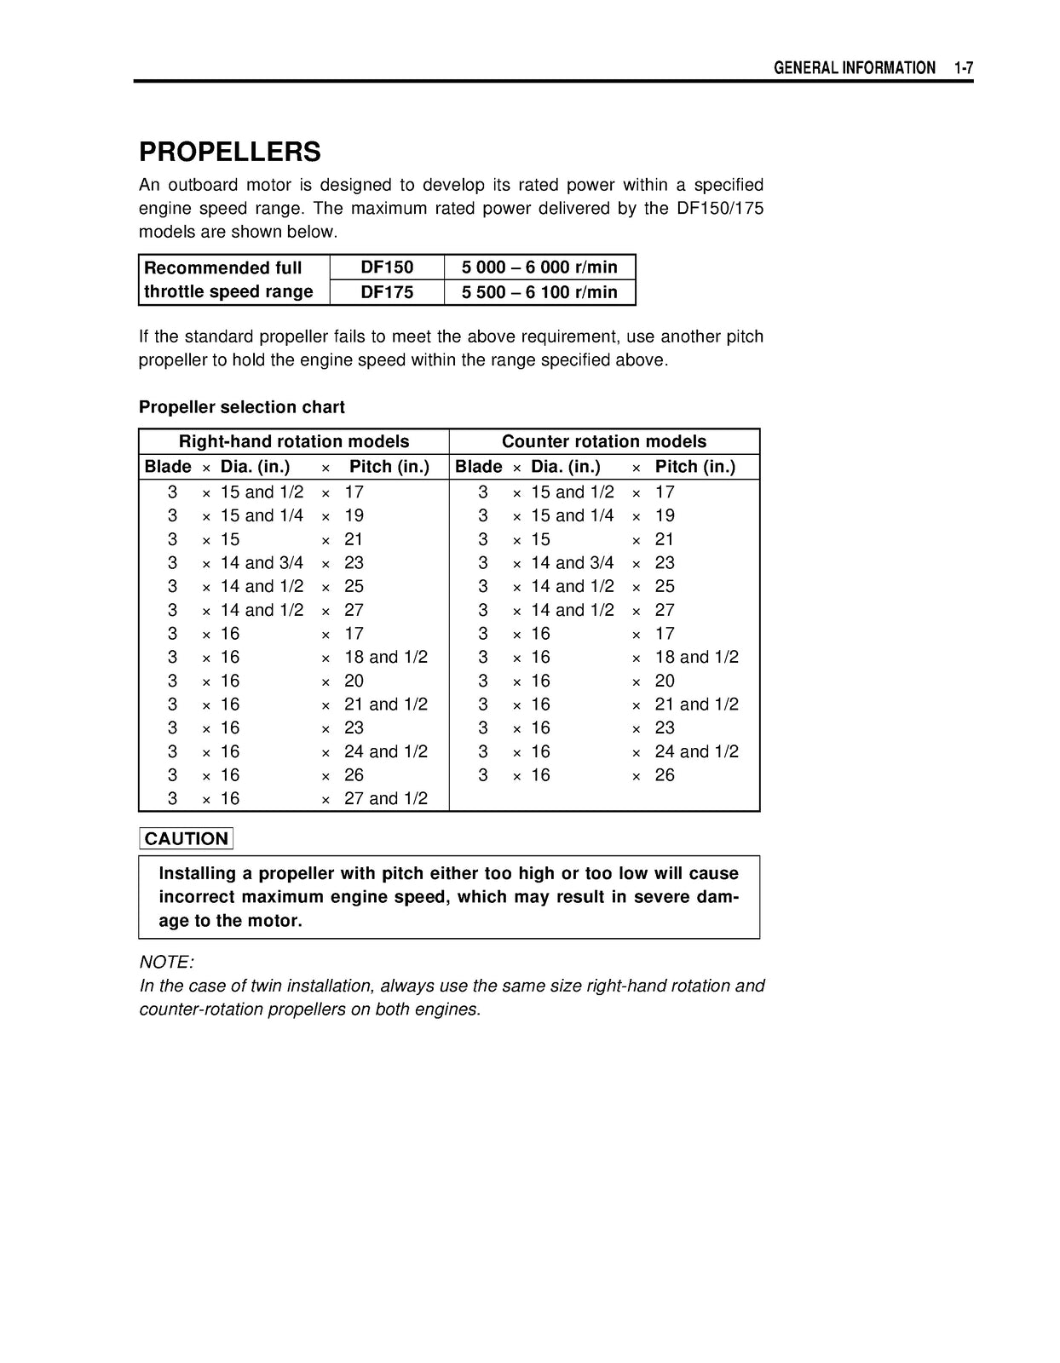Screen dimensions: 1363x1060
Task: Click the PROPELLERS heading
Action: [229, 152]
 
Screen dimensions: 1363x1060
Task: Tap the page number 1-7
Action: [963, 68]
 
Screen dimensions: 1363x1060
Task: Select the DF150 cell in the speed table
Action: [387, 267]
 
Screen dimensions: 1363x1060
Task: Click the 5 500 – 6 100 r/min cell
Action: [539, 291]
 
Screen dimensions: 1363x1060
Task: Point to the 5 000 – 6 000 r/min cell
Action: [539, 267]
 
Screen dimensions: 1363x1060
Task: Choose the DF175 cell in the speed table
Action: [387, 291]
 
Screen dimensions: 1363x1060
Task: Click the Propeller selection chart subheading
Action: [242, 407]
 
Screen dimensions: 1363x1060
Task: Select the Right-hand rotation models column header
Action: [294, 441]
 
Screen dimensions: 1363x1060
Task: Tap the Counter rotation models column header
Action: [604, 441]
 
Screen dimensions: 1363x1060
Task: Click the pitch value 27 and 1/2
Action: [385, 798]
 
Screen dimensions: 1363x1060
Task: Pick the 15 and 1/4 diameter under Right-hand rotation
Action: [262, 515]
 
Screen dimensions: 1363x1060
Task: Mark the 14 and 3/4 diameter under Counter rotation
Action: [572, 562]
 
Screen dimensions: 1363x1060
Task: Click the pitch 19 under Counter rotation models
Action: [665, 515]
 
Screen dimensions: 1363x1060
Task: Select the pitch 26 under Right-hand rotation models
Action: [354, 775]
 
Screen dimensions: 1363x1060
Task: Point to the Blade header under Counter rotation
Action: [478, 467]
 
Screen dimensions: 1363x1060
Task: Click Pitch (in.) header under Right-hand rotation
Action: [389, 467]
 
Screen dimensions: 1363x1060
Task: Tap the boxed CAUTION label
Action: [186, 838]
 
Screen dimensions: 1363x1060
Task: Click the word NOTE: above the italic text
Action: [166, 962]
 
